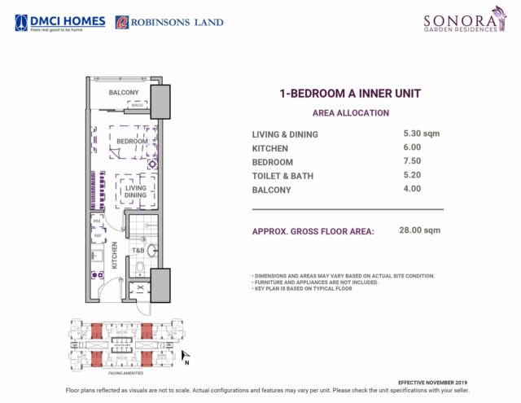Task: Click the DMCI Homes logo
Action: (x=59, y=22)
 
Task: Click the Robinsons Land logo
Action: (x=169, y=22)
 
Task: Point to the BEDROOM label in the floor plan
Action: (x=132, y=141)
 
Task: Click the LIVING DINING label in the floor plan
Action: (x=135, y=192)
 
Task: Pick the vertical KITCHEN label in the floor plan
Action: (x=115, y=255)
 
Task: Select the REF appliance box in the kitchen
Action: (x=97, y=236)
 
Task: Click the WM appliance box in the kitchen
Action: (x=96, y=221)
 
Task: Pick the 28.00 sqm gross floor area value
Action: (x=419, y=230)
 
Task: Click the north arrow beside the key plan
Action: (x=186, y=355)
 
